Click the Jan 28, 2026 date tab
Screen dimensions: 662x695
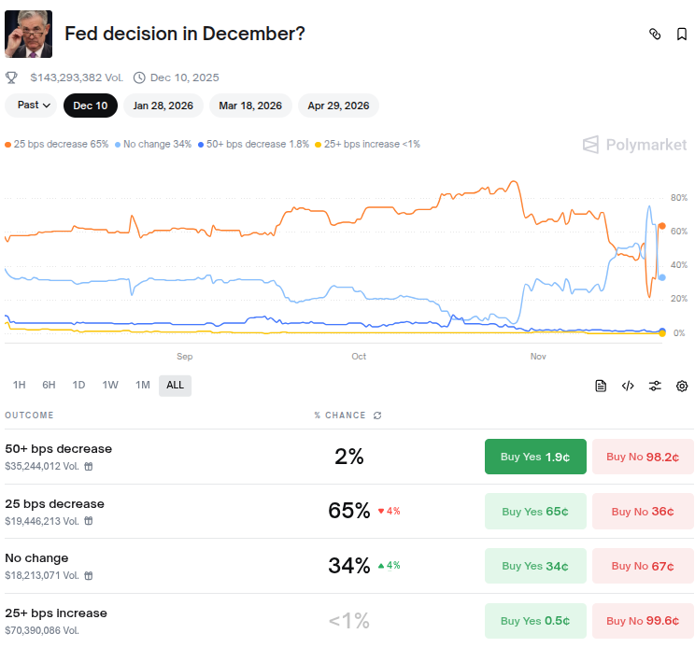coord(163,106)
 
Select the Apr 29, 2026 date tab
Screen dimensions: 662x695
coord(338,106)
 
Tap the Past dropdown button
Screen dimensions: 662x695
coord(33,106)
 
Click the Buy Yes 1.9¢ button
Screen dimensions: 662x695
coord(535,457)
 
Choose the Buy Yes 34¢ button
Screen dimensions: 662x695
coord(535,566)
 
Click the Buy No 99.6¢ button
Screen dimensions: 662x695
coord(643,621)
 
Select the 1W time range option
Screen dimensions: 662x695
coord(110,385)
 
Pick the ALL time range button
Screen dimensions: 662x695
coord(175,385)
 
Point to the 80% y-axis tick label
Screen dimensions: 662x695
coord(678,198)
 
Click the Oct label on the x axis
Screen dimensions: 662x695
coord(359,357)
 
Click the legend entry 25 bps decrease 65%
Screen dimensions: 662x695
coord(56,145)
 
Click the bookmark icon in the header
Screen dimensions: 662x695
coord(682,35)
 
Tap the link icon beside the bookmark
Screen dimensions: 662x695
coord(655,35)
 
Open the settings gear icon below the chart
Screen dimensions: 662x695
coord(682,386)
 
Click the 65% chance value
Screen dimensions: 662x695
coord(349,511)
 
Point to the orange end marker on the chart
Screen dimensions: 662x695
coord(662,226)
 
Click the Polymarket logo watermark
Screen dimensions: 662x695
coord(634,145)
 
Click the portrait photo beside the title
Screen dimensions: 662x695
coord(29,35)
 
